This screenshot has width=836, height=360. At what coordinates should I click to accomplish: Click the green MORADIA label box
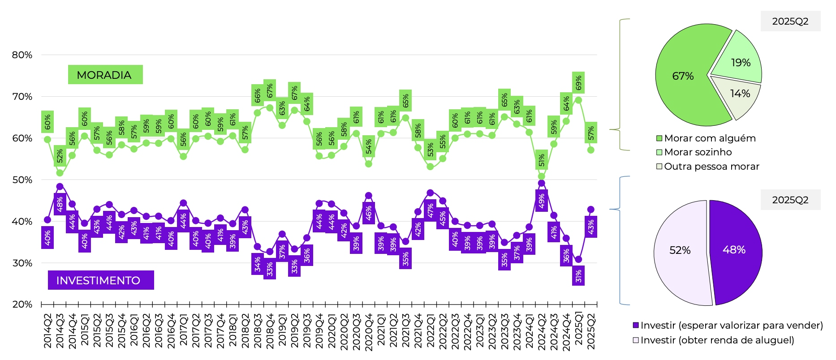(105, 75)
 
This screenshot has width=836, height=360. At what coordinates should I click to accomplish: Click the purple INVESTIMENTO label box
(101, 280)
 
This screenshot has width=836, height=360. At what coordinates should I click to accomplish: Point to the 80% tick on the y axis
(22, 55)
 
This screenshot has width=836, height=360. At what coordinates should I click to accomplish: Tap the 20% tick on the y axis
(22, 304)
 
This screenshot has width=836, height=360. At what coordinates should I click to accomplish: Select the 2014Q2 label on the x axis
(47, 331)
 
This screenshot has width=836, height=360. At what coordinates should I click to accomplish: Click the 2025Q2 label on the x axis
(591, 331)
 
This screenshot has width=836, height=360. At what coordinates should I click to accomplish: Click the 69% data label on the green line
(578, 83)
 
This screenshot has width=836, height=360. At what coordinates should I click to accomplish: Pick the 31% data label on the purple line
(578, 276)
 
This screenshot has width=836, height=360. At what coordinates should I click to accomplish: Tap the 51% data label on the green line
(542, 160)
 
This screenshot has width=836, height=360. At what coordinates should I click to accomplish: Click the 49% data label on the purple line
(542, 201)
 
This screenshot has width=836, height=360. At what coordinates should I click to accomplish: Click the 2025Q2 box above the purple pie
(790, 200)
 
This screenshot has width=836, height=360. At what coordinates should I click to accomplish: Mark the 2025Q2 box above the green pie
(790, 21)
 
